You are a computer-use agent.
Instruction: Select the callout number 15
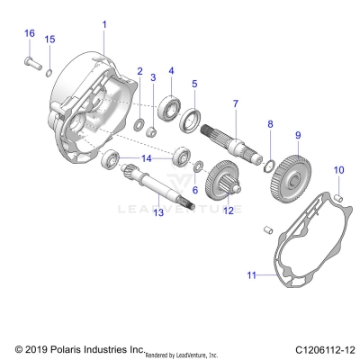[x=49, y=39]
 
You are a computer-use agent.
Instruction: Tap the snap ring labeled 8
[x=267, y=162]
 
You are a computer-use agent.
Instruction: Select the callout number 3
[x=153, y=76]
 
